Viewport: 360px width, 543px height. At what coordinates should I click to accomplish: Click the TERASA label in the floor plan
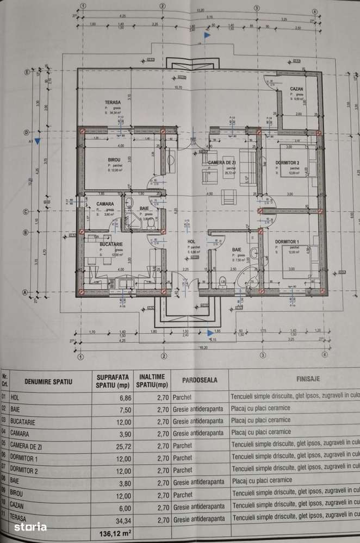point(113,102)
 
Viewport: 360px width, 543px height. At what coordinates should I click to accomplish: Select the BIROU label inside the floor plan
point(114,160)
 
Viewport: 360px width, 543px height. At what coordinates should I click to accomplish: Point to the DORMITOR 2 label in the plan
point(287,163)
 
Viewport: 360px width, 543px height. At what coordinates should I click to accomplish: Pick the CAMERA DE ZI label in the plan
point(221,163)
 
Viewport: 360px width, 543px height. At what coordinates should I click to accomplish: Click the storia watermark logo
point(30,526)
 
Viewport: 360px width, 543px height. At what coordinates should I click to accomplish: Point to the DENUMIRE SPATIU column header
point(48,382)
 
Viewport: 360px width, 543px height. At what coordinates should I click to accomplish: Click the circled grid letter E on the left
point(26,72)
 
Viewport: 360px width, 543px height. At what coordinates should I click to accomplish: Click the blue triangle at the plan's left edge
point(37,141)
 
